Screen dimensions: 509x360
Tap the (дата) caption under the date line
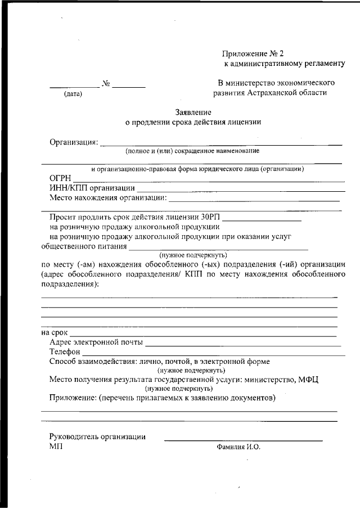pos(73,94)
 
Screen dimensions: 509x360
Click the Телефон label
pos(65,352)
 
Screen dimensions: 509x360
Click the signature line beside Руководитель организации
pos(243,439)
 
